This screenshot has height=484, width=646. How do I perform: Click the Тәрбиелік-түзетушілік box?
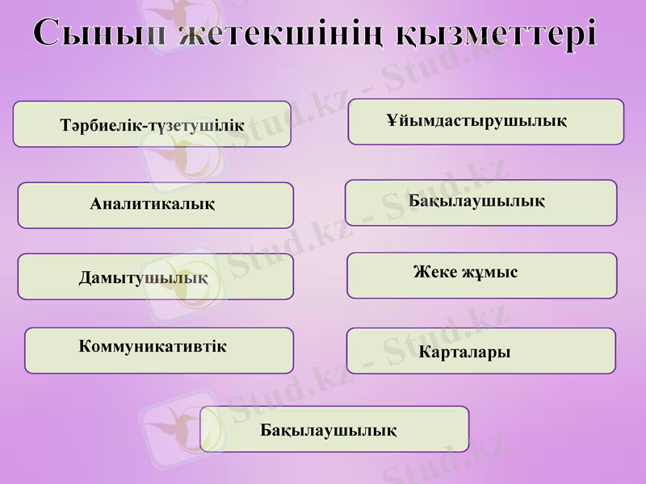pos(152,124)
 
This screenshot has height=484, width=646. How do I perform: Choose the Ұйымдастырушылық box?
pos(485,122)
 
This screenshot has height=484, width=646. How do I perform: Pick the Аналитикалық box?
pos(155,205)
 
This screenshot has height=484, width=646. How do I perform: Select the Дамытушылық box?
pos(155,277)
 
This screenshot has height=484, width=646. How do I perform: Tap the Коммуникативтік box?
pos(159,350)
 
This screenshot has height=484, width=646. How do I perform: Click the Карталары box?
pos(480,351)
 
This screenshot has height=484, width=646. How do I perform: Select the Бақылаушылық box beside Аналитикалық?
pos(480,202)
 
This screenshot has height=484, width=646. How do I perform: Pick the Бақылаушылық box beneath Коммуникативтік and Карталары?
pos(333,429)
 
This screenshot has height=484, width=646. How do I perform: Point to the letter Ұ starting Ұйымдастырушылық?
pos(392,121)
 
